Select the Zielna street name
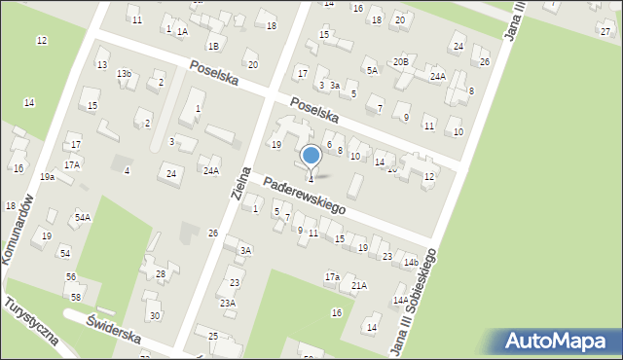(x=240, y=183)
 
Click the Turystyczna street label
(x=31, y=322)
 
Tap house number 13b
(x=124, y=74)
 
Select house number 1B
(x=212, y=46)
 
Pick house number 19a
(x=47, y=177)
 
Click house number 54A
(x=83, y=218)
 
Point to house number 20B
(x=400, y=62)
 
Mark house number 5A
(x=372, y=70)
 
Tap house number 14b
(x=411, y=263)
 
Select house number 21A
(x=359, y=285)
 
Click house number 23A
(x=227, y=304)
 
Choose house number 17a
(x=332, y=277)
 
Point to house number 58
(x=76, y=297)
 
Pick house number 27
(x=605, y=31)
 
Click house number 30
(x=154, y=316)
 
